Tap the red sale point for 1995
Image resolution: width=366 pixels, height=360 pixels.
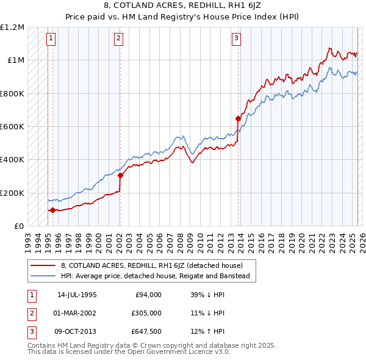click(x=52, y=211)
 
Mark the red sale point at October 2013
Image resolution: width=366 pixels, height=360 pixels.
click(x=238, y=119)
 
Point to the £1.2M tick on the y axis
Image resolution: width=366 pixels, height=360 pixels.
click(x=13, y=27)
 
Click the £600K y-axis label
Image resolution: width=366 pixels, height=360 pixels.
click(x=13, y=127)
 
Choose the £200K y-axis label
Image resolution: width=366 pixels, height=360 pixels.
click(x=13, y=193)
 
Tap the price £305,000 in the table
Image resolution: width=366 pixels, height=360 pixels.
click(x=146, y=313)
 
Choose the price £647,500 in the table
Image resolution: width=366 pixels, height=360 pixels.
click(x=146, y=331)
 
